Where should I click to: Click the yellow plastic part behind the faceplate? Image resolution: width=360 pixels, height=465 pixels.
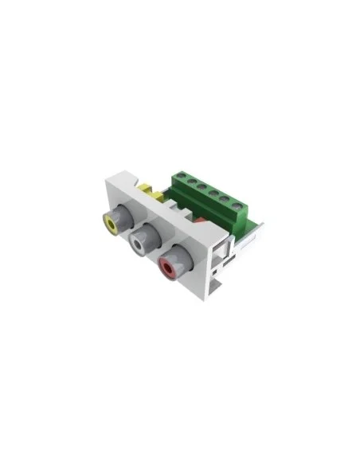click(150, 192)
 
